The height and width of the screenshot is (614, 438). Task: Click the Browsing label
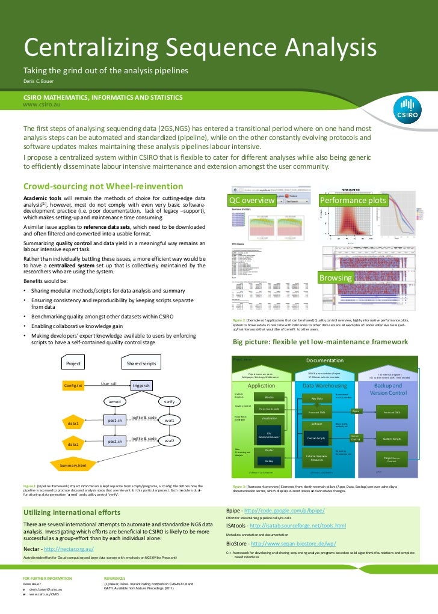pyautogui.click(x=336, y=279)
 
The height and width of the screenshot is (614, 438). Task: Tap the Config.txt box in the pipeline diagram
pyautogui.click(x=73, y=385)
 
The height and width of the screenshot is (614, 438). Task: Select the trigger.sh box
pyautogui.click(x=144, y=385)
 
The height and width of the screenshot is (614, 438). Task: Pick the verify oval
pyautogui.click(x=170, y=401)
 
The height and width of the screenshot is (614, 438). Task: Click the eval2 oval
pyautogui.click(x=170, y=441)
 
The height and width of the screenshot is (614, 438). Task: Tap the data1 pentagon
pyautogui.click(x=73, y=423)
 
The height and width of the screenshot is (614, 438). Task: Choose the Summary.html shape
pyautogui.click(x=73, y=465)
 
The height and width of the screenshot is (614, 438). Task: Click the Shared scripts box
pyautogui.click(x=141, y=363)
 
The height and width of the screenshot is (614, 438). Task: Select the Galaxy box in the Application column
pyautogui.click(x=269, y=461)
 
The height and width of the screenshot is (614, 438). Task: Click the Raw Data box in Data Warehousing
pyautogui.click(x=316, y=398)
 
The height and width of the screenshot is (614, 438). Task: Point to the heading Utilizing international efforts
pyautogui.click(x=72, y=512)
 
